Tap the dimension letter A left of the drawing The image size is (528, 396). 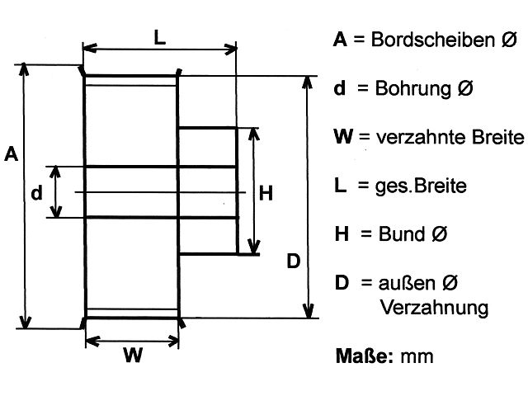click(x=12, y=153)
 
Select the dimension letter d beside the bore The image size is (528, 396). click(x=35, y=193)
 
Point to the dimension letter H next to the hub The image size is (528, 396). click(x=266, y=194)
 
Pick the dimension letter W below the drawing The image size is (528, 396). click(x=133, y=356)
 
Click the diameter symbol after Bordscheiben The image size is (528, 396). click(x=509, y=40)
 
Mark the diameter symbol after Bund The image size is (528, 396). click(x=439, y=234)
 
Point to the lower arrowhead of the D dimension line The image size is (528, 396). click(x=309, y=313)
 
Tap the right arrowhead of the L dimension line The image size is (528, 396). click(x=233, y=50)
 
